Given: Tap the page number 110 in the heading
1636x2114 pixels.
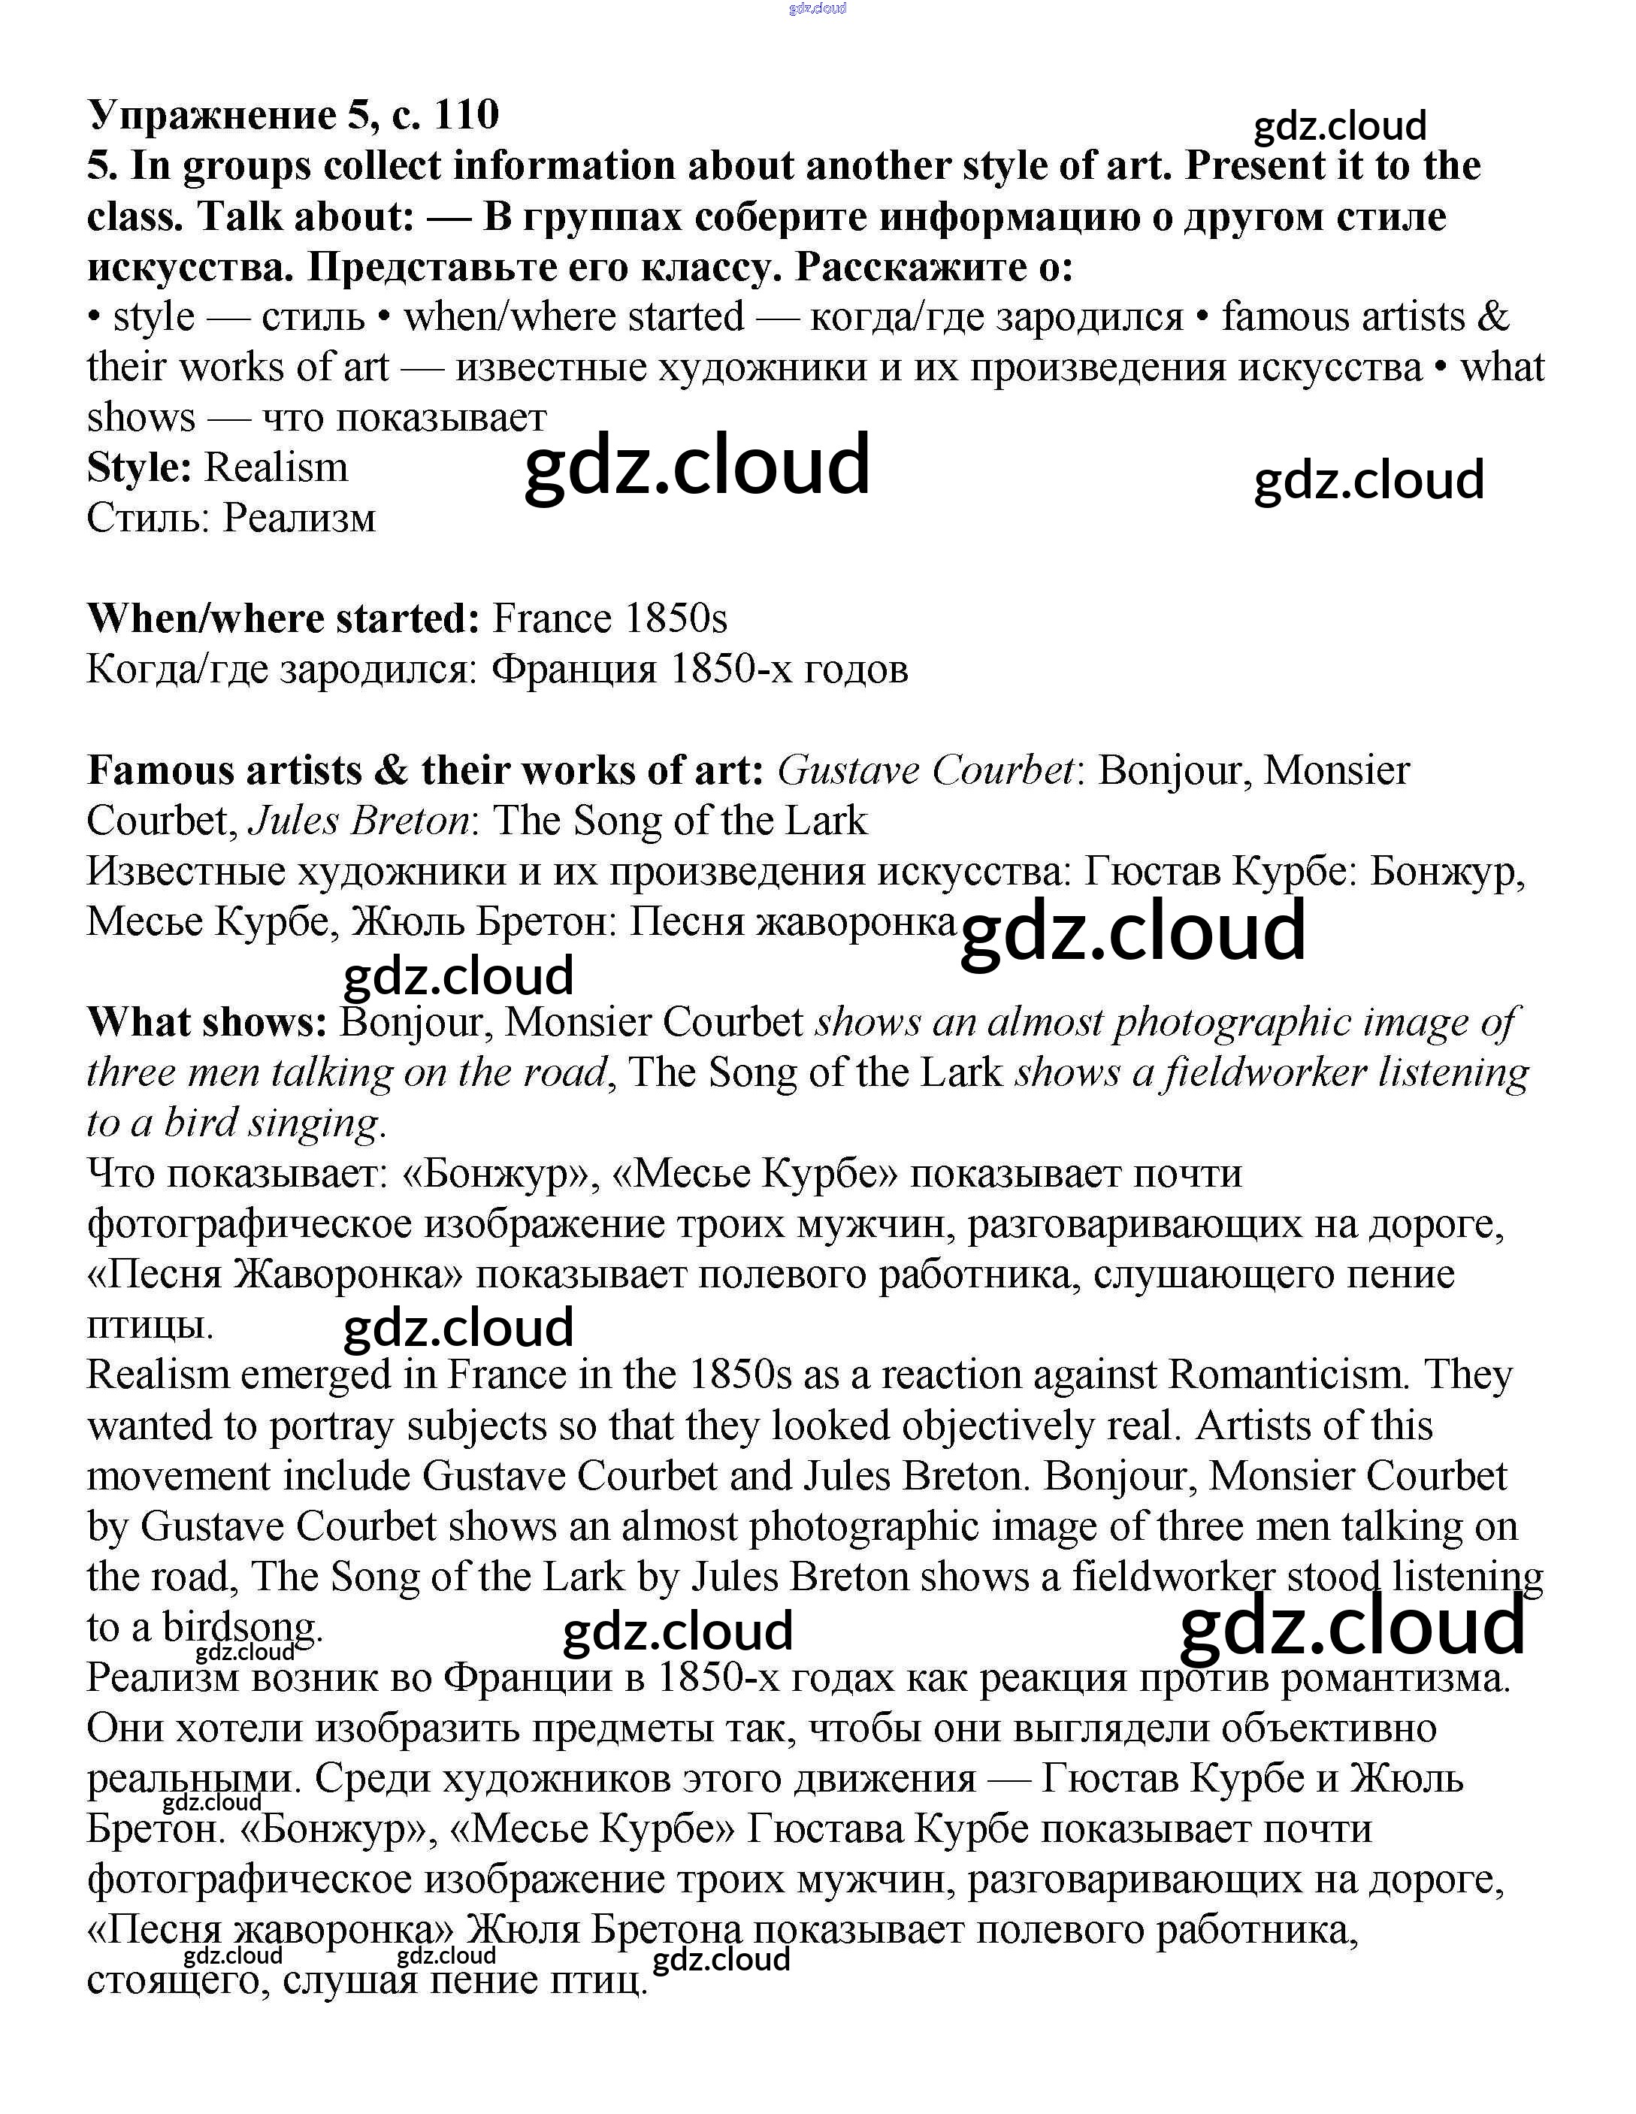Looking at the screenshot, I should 467,115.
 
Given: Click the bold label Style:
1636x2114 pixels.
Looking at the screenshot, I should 139,468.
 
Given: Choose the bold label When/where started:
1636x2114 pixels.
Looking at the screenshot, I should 283,619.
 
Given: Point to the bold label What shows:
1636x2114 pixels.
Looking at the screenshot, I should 207,1023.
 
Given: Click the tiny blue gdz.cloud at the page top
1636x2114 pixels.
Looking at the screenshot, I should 818,9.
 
